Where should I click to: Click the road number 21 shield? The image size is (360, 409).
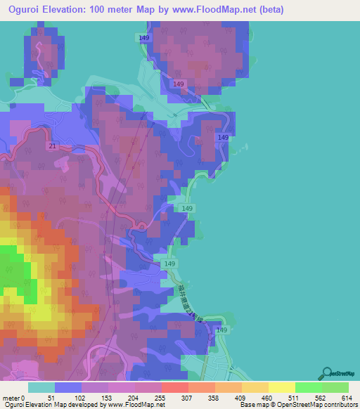pos(53,145)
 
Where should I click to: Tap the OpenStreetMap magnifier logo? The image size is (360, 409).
pos(326,372)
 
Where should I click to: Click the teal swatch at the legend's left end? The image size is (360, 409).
pos(41,387)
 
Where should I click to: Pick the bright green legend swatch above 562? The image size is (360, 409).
pos(309,387)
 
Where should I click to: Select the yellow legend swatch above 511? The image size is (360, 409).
pos(282,387)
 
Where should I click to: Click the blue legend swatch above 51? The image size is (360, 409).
pos(68,387)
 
